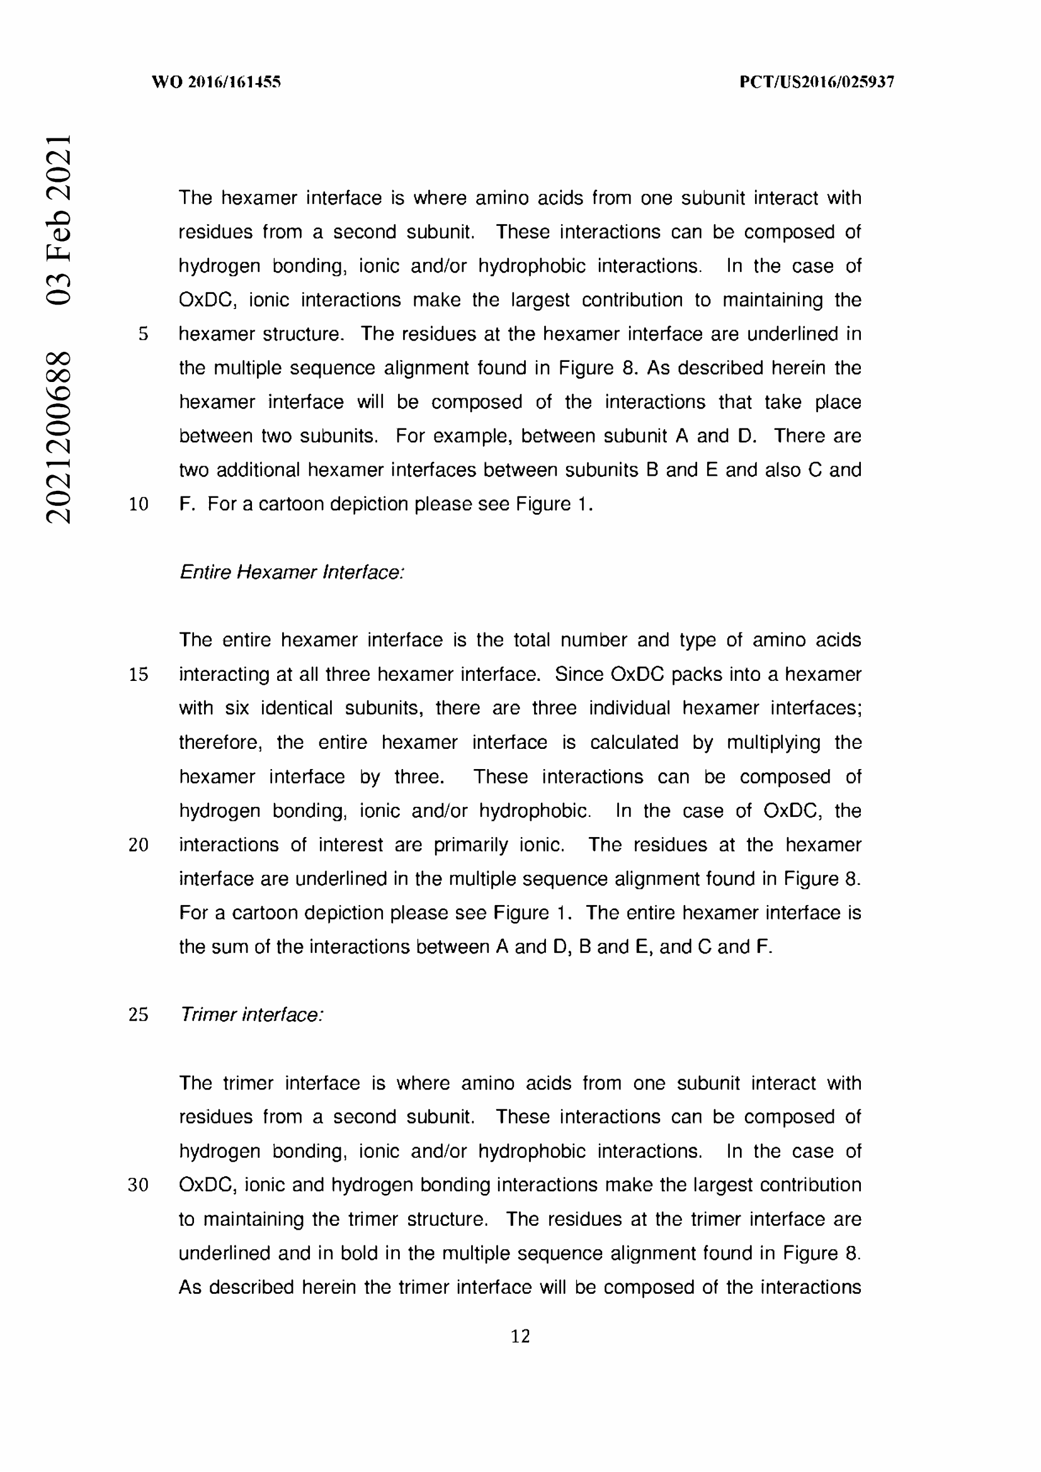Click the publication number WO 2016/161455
pyautogui.click(x=216, y=82)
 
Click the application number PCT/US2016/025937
pyautogui.click(x=817, y=82)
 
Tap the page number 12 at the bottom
pyautogui.click(x=520, y=1336)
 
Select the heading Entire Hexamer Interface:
pyautogui.click(x=292, y=572)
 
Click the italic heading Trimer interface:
pyautogui.click(x=251, y=1015)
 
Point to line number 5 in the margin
pyautogui.click(x=143, y=334)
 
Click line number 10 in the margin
pyautogui.click(x=139, y=504)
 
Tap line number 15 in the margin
pyautogui.click(x=139, y=675)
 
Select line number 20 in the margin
pyautogui.click(x=139, y=845)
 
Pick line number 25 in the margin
pyautogui.click(x=139, y=1015)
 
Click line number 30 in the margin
pyautogui.click(x=139, y=1185)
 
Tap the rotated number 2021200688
pyautogui.click(x=59, y=437)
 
